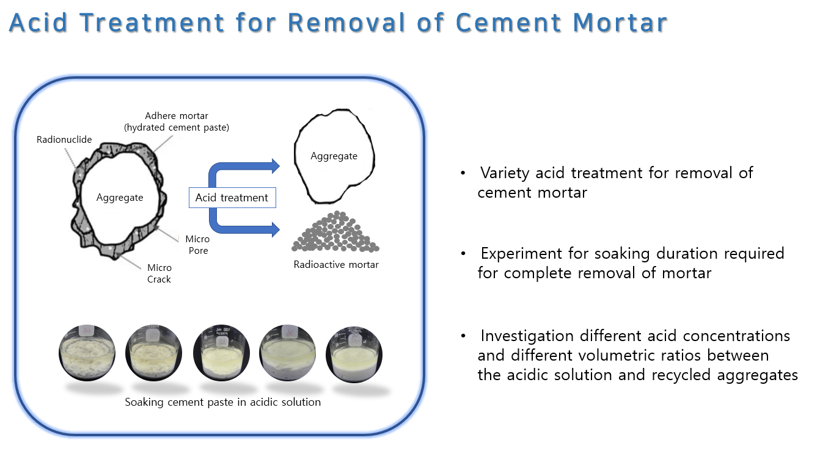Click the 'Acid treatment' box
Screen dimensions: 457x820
coord(232,198)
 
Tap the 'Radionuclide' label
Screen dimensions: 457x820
coord(64,140)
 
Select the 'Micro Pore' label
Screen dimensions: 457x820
coord(197,245)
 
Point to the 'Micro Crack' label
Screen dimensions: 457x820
coord(159,273)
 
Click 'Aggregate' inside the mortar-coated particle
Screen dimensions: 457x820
coord(120,198)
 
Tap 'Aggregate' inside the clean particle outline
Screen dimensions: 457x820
coord(334,156)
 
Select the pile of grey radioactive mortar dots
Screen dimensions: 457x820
coord(335,233)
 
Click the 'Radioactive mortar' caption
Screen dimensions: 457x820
coord(336,265)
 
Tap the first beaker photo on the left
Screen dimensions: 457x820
coord(87,353)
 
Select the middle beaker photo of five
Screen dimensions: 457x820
coord(220,353)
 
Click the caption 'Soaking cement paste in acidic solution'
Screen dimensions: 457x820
coord(222,402)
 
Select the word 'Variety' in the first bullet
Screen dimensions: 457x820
coord(505,173)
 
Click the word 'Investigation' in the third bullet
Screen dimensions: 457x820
coord(527,336)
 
